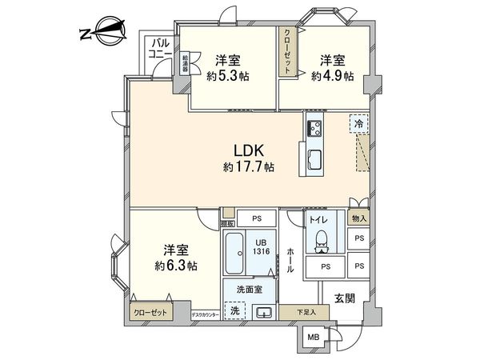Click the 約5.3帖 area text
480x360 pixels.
pyautogui.click(x=226, y=77)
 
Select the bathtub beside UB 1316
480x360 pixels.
pyautogui.click(x=236, y=255)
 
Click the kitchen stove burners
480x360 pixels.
pyautogui.click(x=313, y=127)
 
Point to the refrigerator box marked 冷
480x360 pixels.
pyautogui.click(x=359, y=125)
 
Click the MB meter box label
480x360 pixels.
pyautogui.click(x=315, y=337)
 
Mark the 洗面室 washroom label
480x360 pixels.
pyautogui.click(x=249, y=290)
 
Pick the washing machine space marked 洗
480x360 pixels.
pyautogui.click(x=235, y=310)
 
